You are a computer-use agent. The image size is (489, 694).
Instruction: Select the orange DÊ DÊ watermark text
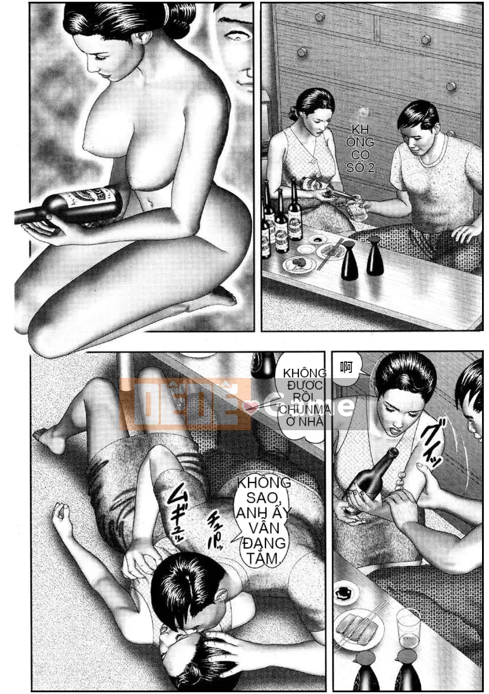(x=185, y=404)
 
